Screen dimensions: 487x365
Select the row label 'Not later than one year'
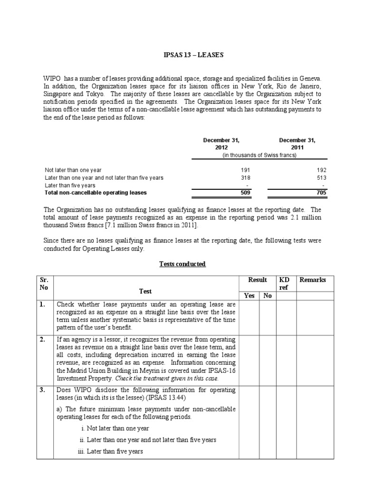tap(73, 170)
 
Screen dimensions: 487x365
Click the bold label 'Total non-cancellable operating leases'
tap(96, 193)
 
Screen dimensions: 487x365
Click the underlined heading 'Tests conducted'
tap(183, 264)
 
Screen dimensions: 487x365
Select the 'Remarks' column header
tap(313, 280)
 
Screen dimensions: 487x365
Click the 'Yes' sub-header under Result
tap(250, 295)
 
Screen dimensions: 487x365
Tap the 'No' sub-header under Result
tap(268, 295)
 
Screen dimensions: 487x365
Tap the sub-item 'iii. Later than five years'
tap(110, 451)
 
